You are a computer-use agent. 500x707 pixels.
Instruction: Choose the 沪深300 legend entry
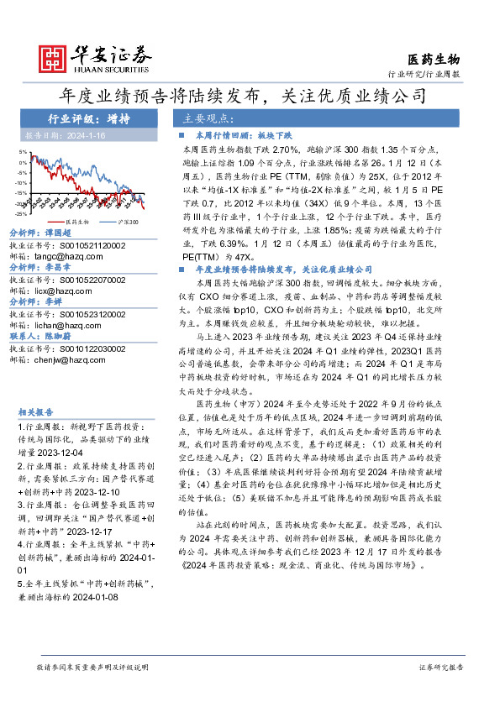coord(118,221)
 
